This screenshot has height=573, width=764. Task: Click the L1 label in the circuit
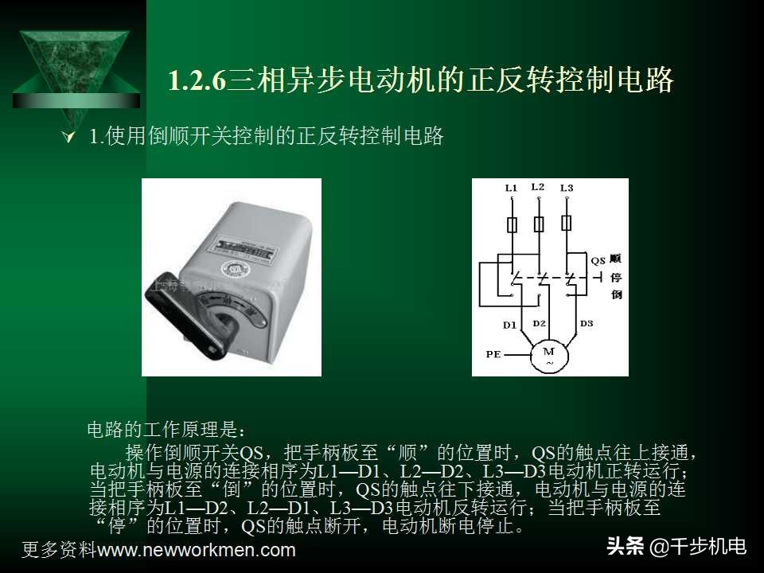511,189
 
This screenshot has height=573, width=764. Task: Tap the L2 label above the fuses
537,187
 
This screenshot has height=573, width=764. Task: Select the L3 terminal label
566,189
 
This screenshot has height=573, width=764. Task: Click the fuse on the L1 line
512,224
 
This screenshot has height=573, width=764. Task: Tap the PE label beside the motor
493,354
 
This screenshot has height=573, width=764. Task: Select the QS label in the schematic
598,260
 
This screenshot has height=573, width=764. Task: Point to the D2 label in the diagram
539,323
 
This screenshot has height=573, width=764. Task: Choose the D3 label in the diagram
587,323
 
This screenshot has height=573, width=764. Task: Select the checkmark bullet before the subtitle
68,138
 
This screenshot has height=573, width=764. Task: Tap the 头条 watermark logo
626,547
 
